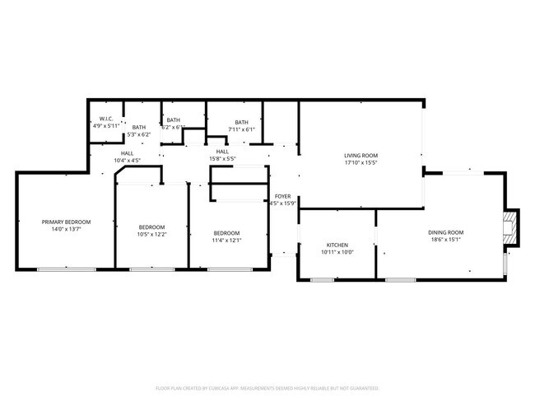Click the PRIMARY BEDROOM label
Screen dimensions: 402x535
pos(66,222)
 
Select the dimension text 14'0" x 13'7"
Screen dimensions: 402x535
pos(66,230)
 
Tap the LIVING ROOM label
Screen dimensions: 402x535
pos(361,155)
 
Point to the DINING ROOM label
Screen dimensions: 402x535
pos(445,232)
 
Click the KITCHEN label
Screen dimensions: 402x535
pos(337,245)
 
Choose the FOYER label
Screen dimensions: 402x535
pos(282,196)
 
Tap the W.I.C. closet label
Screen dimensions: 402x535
pos(105,119)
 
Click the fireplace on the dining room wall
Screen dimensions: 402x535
pos(511,227)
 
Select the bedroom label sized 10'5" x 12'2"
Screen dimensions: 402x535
pos(151,227)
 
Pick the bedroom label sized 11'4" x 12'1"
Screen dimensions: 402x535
pos(226,233)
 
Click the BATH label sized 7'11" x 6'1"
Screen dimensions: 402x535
pos(241,122)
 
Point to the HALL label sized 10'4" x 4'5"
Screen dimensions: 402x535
pos(127,153)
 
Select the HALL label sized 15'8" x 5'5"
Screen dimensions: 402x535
pos(222,152)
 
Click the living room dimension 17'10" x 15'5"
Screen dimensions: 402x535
pos(361,163)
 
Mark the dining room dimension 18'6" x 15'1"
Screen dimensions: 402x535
pos(445,241)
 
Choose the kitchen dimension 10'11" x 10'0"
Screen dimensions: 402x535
pos(337,253)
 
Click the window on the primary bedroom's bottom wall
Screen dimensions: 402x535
pos(66,269)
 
